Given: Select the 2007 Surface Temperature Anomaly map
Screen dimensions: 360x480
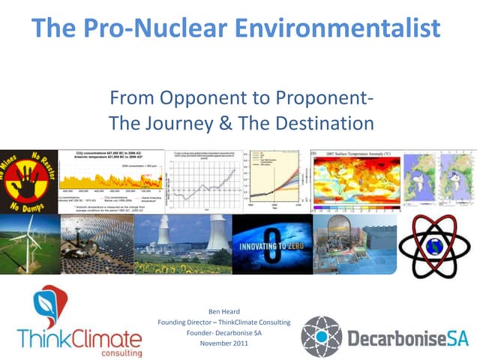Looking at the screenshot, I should coord(355,180).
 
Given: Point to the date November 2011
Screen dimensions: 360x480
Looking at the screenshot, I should coord(224,343).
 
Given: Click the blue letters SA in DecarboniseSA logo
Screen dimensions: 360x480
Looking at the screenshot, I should coord(455,339).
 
